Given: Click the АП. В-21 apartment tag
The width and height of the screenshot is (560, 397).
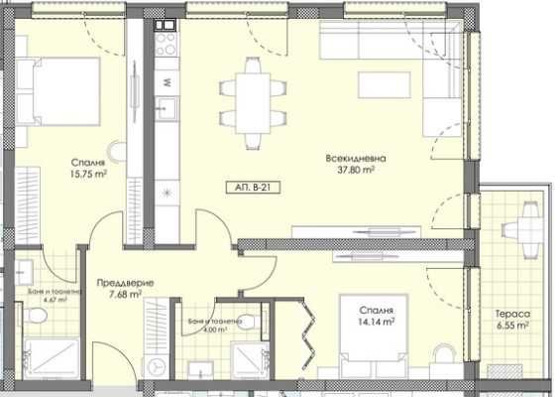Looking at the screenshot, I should click(247, 187).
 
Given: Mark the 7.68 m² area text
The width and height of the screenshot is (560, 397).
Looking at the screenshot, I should click(125, 293).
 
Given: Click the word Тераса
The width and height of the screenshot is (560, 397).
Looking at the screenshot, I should click(511, 314).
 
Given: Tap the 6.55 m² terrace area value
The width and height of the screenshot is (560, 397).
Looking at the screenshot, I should click(511, 325).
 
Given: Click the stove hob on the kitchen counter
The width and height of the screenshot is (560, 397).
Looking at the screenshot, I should click(167, 46).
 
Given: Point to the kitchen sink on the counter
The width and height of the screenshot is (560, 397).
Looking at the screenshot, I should click(167, 108).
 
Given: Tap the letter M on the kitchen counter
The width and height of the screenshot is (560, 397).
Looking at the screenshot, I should click(167, 79).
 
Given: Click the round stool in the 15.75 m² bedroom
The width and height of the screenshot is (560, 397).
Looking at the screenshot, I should click(118, 153).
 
